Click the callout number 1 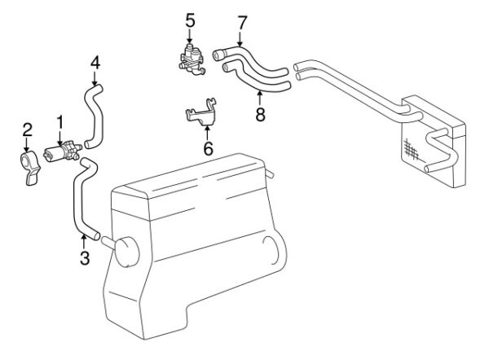tap(59, 122)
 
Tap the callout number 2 tap(28, 130)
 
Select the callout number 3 tap(85, 257)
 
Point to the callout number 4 tap(95, 63)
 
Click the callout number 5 tap(190, 20)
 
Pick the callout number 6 tap(209, 148)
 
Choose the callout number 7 tap(242, 23)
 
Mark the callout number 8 tap(261, 114)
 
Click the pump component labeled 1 tap(63, 151)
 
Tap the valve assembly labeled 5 tap(192, 59)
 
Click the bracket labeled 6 tap(202, 112)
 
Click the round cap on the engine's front tap(126, 252)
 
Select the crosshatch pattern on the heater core tap(412, 149)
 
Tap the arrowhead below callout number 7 tap(240, 44)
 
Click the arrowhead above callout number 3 tap(83, 236)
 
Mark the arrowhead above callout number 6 tap(207, 128)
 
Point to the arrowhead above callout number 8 tap(260, 92)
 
